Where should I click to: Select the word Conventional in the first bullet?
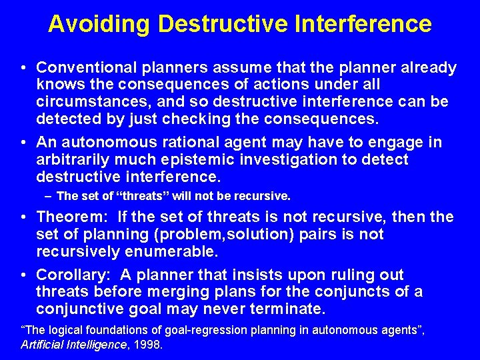coord(81,68)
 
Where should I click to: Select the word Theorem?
coord(71,217)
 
